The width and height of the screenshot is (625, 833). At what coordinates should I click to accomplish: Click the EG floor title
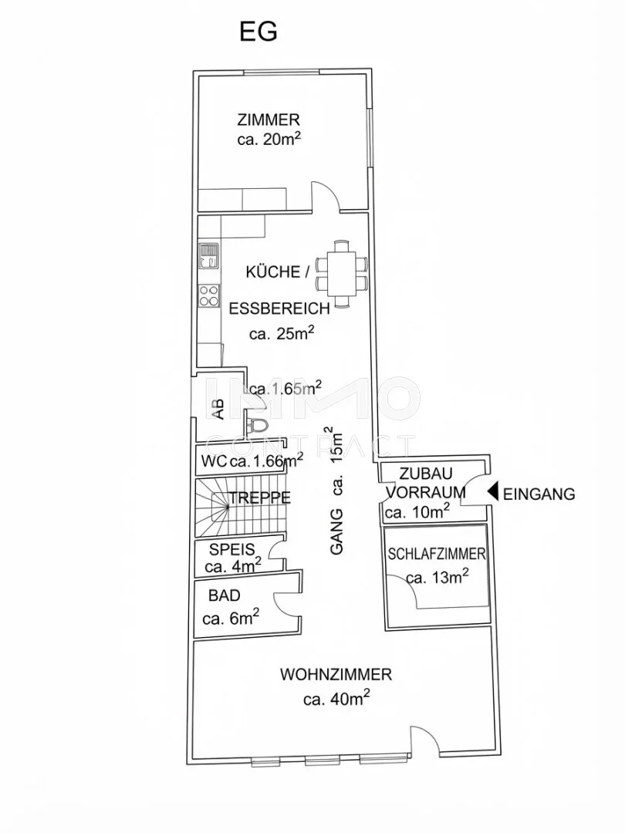[x=258, y=32]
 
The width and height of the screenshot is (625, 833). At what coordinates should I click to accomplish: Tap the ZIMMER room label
[x=269, y=120]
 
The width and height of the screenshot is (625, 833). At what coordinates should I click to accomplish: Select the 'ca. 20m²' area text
[x=269, y=140]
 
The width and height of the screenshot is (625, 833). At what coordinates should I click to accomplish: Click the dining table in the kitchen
[x=341, y=274]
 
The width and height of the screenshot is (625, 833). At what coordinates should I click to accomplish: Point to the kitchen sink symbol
[x=208, y=255]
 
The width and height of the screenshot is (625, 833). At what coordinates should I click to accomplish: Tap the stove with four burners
[x=209, y=296]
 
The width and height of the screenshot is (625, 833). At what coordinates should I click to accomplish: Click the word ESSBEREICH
[x=279, y=308]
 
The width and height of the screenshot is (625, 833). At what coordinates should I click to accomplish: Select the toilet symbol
[x=258, y=424]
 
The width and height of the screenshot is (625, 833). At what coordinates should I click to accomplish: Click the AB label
[x=218, y=410]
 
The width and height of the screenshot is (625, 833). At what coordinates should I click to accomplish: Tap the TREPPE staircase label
[x=260, y=497]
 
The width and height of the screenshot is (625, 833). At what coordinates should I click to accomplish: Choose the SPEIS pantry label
[x=231, y=549]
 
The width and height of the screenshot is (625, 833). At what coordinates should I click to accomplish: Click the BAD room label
[x=225, y=595]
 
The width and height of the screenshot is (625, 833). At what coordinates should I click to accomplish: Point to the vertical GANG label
[x=337, y=531]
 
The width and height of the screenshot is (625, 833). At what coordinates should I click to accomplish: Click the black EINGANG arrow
[x=493, y=492]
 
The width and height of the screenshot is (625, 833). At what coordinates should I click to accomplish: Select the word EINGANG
[x=539, y=494]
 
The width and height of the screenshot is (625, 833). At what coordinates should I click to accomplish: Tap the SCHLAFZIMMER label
[x=436, y=554]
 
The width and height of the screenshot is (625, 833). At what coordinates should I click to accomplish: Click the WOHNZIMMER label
[x=336, y=675]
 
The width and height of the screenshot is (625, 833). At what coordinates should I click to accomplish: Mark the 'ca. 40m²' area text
[x=336, y=698]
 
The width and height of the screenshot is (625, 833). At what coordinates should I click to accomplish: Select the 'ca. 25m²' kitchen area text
[x=281, y=334]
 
